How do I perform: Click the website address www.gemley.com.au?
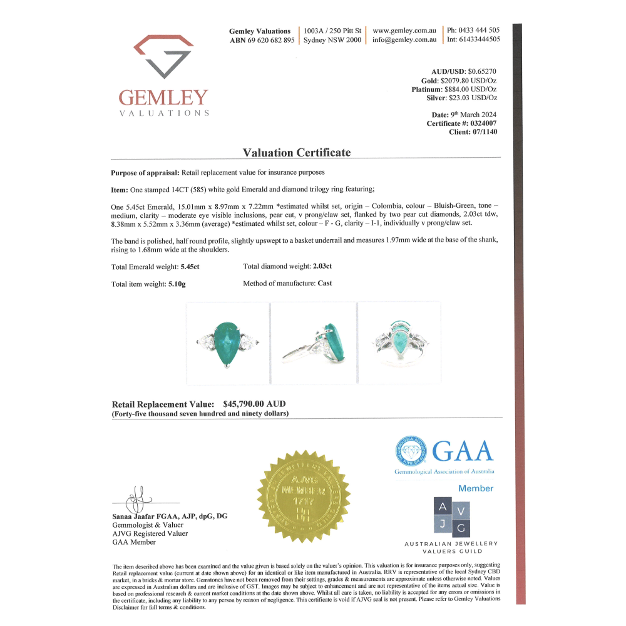[404, 30]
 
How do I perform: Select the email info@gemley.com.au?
[404, 40]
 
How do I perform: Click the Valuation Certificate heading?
[296, 153]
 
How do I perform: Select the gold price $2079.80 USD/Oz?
[469, 81]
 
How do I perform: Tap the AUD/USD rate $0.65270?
[482, 72]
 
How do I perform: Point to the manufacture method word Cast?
[325, 284]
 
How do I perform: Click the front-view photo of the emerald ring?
[228, 343]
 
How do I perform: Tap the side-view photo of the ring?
[313, 343]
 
